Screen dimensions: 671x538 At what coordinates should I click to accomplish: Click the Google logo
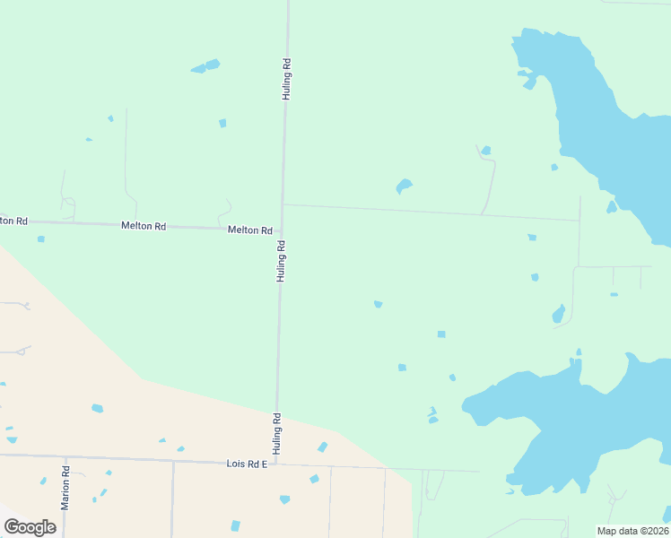click(x=30, y=527)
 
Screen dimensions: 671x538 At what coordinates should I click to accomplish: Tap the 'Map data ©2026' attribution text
click(x=632, y=531)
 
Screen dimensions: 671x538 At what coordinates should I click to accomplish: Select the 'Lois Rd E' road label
click(x=247, y=464)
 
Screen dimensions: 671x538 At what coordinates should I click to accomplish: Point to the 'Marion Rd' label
click(x=65, y=488)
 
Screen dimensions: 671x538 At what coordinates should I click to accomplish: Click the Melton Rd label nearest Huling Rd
click(x=249, y=230)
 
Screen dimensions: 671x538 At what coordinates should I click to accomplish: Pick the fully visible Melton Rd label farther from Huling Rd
click(x=144, y=226)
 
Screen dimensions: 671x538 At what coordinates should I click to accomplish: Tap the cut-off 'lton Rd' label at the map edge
click(x=13, y=221)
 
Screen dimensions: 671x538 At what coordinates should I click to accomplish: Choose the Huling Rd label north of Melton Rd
click(x=287, y=79)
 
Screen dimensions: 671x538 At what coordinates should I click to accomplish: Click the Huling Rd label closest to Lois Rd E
click(x=277, y=432)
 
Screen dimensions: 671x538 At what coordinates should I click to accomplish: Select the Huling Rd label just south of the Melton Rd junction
click(x=281, y=261)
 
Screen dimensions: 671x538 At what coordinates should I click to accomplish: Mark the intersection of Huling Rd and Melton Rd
click(x=283, y=230)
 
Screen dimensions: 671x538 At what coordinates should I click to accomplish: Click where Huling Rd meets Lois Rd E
click(x=275, y=464)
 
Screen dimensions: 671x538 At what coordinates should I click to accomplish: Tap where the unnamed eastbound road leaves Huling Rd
click(x=283, y=204)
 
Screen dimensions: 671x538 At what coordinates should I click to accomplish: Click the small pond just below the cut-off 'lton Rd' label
click(x=40, y=239)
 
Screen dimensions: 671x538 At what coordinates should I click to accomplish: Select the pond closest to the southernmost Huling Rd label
click(x=322, y=447)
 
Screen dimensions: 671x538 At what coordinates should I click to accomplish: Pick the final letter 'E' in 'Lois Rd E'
click(x=265, y=464)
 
